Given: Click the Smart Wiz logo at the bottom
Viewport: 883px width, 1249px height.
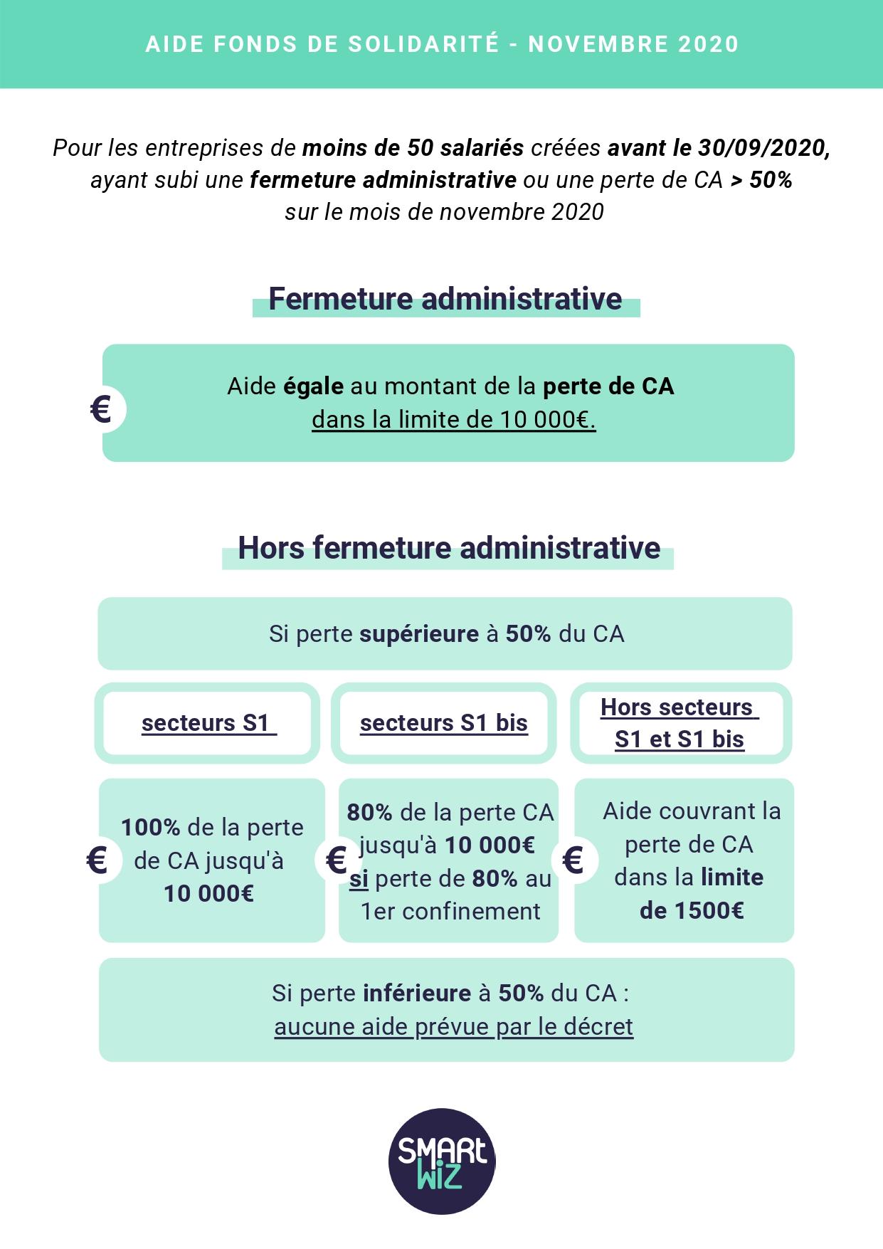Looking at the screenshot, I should pos(442,1161).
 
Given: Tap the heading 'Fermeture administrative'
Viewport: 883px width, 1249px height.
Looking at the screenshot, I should pos(445,299).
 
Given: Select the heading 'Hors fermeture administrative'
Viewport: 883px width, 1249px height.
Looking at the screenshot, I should pos(449,548).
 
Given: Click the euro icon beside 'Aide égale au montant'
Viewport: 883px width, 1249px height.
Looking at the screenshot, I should pos(102,410).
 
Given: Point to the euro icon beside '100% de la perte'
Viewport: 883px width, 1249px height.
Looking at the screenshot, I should pos(97,860).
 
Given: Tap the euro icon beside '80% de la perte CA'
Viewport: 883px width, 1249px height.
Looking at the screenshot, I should pos(336,860).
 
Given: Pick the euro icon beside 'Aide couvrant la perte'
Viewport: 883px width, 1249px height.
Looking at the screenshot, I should pos(573,860).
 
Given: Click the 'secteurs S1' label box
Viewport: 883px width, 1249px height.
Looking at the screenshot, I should pos(208,723).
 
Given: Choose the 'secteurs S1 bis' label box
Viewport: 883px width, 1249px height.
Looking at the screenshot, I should pos(444,723).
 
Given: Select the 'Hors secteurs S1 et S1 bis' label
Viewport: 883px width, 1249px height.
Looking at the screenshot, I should pos(680,723).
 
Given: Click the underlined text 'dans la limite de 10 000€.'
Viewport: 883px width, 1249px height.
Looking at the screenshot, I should pos(453,420).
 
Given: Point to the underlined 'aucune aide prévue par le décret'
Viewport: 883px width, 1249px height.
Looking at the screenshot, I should pos(453,1027).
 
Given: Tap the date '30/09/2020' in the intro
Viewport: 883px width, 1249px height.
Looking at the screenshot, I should pos(762,148).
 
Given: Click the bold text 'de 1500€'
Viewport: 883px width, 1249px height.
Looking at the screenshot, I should pos(692,911).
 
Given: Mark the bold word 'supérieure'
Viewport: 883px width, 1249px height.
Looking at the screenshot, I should pos(419,634).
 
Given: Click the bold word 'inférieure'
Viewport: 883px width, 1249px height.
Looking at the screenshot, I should pos(417,994).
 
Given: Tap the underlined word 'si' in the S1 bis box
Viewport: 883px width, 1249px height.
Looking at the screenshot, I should pos(359,879).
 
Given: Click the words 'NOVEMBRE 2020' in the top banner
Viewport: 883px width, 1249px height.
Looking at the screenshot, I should pos(633,44).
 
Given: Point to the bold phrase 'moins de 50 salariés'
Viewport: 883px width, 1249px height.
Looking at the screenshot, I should pos(413,148).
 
